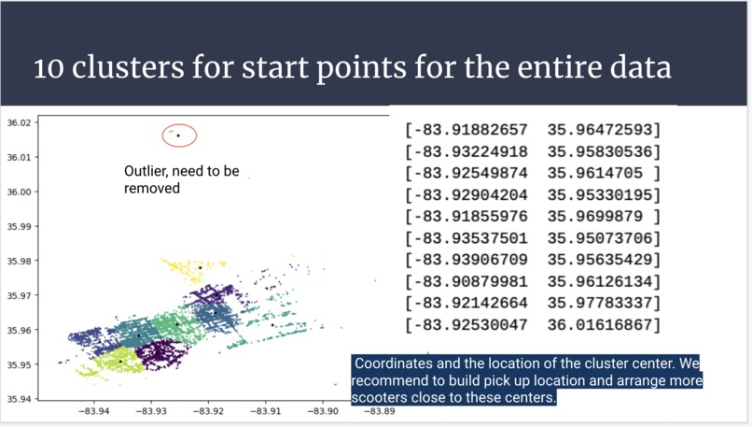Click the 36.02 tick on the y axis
[19, 122]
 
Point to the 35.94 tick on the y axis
[19, 399]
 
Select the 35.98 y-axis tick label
[19, 261]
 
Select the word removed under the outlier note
[152, 189]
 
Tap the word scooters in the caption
[383, 398]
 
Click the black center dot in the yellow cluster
[200, 268]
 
